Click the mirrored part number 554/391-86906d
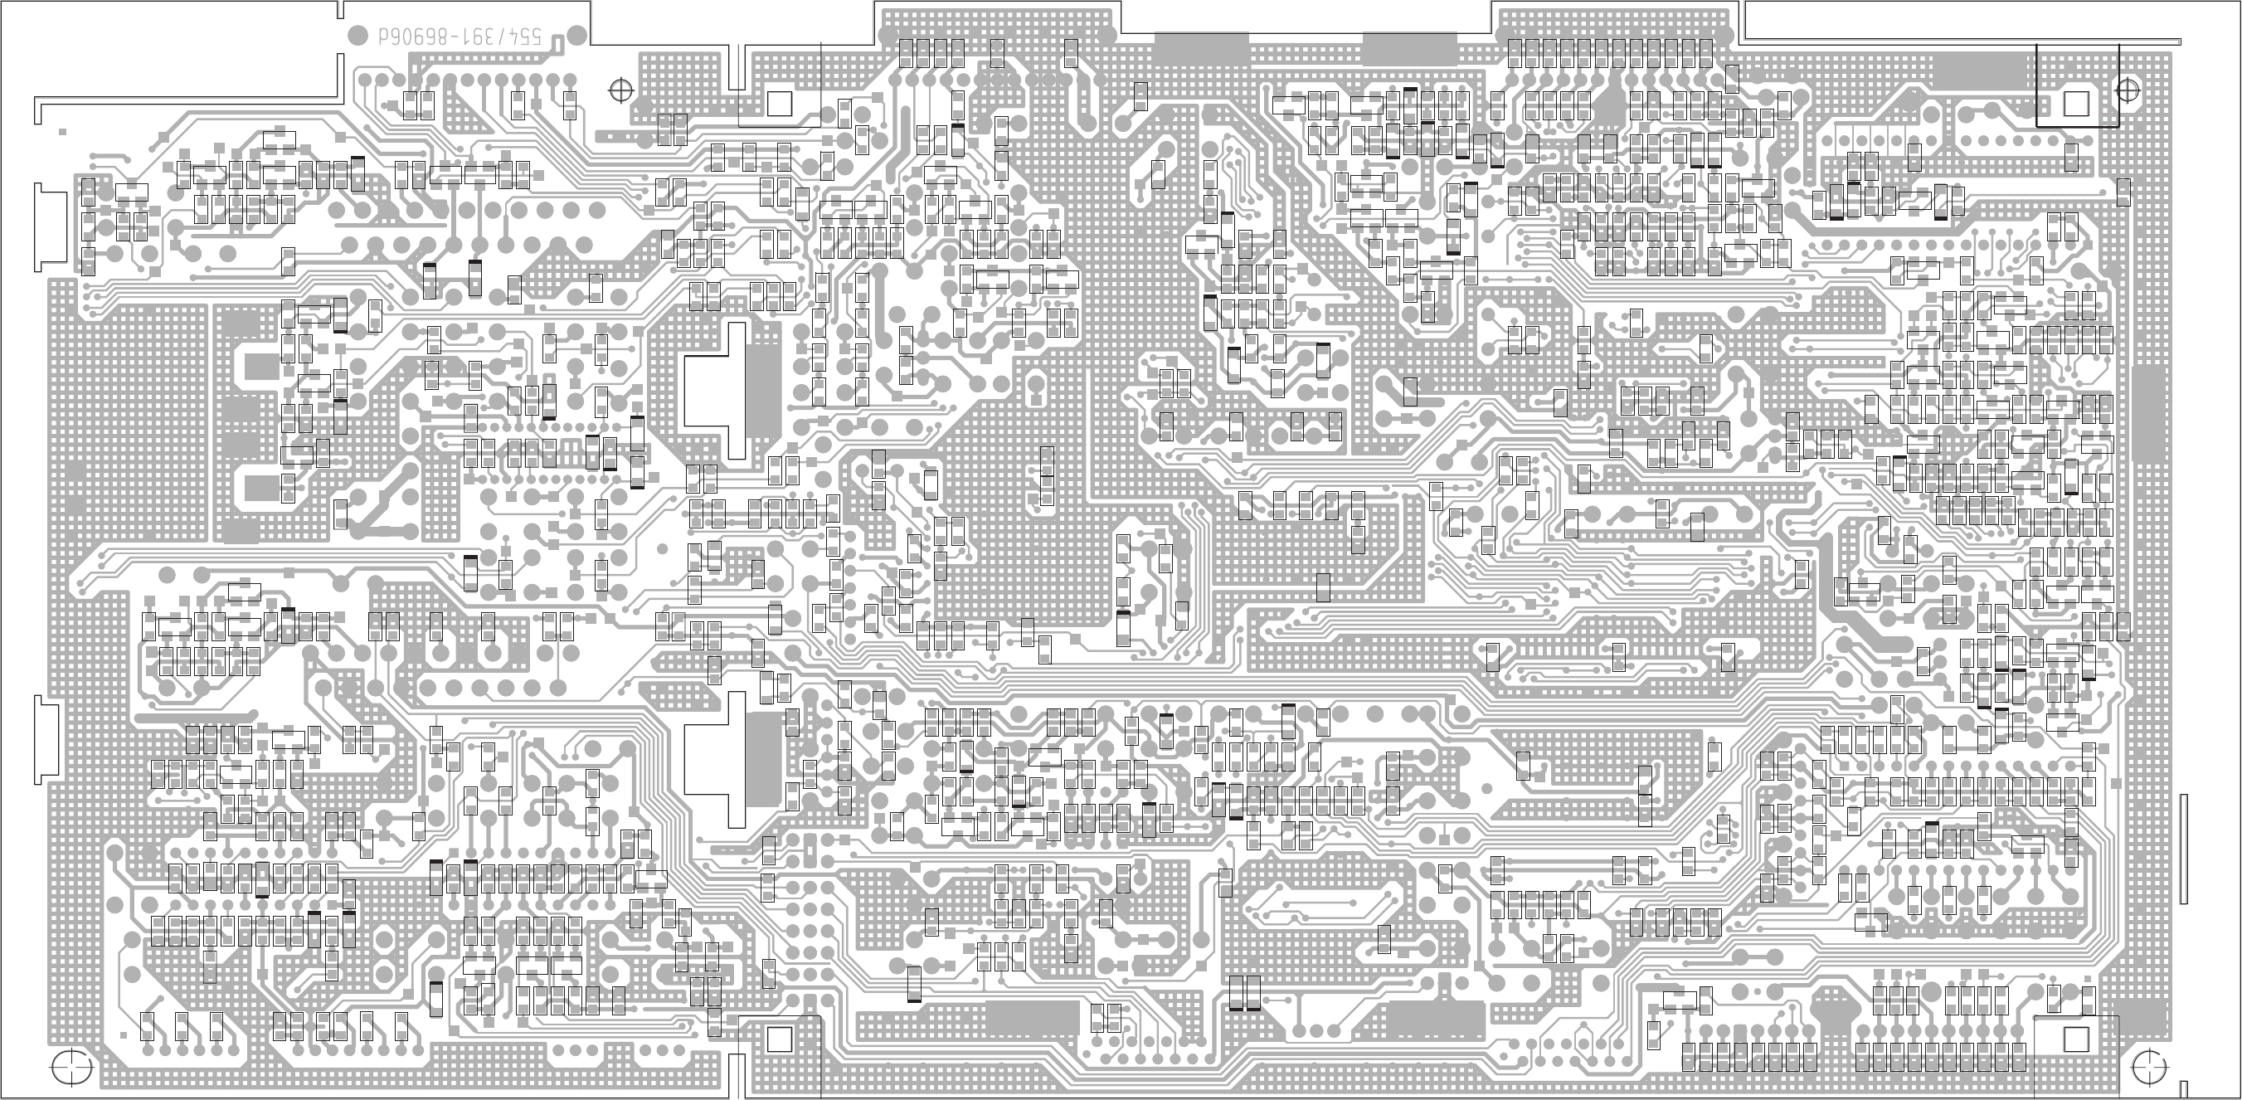click(x=460, y=37)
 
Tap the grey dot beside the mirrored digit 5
click(x=576, y=36)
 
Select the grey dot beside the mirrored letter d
click(x=357, y=36)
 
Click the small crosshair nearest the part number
click(x=620, y=90)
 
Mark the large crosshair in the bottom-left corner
click(x=71, y=1067)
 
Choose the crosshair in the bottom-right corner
click(x=2150, y=1065)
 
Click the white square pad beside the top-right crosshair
click(x=2076, y=105)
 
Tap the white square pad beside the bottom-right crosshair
click(x=2076, y=1039)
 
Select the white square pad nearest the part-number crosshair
click(x=779, y=105)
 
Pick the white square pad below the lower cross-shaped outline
click(x=779, y=1039)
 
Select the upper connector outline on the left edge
click(x=50, y=226)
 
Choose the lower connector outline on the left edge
click(x=46, y=740)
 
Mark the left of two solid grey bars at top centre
click(x=1201, y=48)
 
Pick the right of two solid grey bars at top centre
click(x=1409, y=48)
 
